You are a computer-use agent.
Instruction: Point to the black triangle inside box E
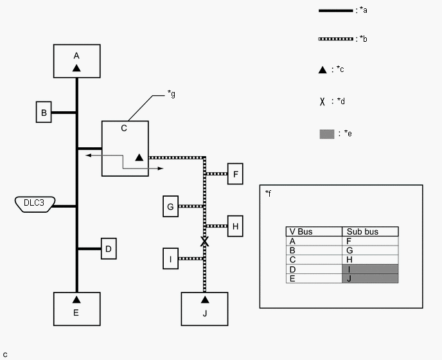click(x=76, y=300)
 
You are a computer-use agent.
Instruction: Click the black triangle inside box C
click(x=139, y=157)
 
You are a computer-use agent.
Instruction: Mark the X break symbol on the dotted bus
click(x=205, y=242)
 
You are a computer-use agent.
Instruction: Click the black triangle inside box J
click(x=205, y=300)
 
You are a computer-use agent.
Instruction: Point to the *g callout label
click(x=171, y=94)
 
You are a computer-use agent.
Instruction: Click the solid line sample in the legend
click(x=336, y=11)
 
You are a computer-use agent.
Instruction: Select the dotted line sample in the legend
click(x=336, y=39)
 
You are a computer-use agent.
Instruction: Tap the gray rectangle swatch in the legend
click(x=327, y=134)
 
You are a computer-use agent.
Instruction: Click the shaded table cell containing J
click(x=370, y=278)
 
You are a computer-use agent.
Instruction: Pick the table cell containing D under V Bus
click(x=314, y=269)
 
